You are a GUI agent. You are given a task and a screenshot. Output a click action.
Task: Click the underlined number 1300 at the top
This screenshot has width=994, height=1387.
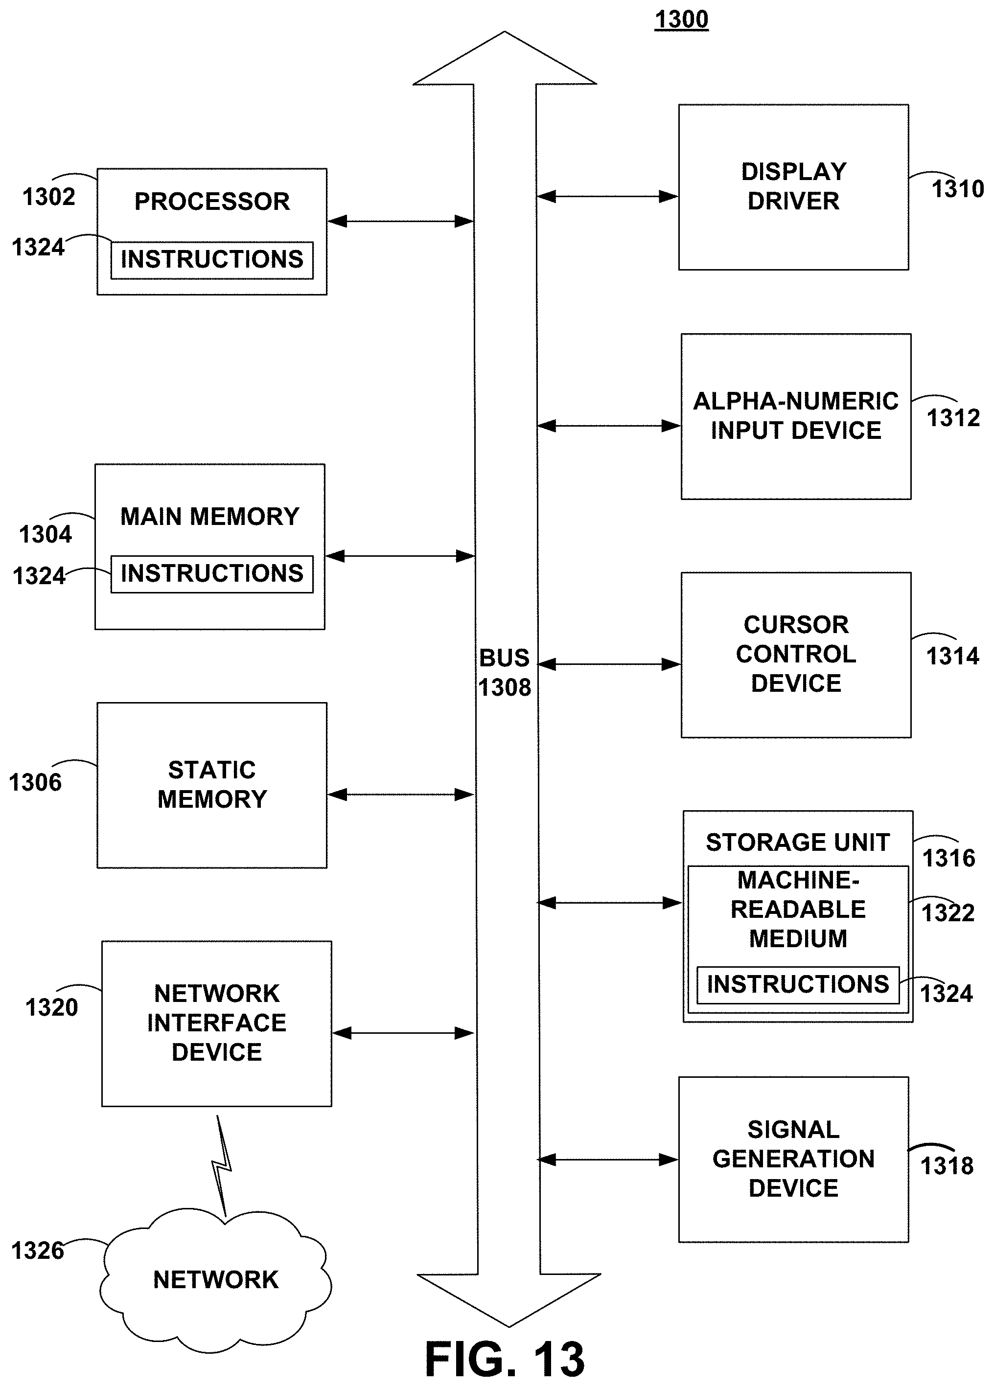pyautogui.click(x=681, y=20)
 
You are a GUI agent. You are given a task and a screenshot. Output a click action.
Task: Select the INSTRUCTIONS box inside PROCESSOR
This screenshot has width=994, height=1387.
pyautogui.click(x=211, y=260)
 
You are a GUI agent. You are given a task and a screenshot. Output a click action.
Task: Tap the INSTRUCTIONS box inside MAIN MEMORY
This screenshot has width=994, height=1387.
pyautogui.click(x=211, y=573)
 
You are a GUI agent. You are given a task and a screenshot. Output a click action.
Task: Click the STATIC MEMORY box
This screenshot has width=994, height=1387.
pyautogui.click(x=211, y=785)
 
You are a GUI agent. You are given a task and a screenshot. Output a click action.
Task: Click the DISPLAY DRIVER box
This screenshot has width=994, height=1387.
pyautogui.click(x=793, y=186)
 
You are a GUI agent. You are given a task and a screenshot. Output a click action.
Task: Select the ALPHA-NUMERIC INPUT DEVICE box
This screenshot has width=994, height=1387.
pyautogui.click(x=796, y=416)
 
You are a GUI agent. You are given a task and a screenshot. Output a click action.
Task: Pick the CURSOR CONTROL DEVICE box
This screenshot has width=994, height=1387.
pyautogui.click(x=796, y=655)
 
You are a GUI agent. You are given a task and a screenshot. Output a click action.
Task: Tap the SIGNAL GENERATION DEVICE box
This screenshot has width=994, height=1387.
pyautogui.click(x=793, y=1159)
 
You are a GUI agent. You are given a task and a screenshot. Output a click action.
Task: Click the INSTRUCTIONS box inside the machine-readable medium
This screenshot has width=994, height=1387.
pyautogui.click(x=798, y=984)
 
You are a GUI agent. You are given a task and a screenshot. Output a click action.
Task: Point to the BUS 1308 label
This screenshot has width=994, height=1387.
pyautogui.click(x=505, y=673)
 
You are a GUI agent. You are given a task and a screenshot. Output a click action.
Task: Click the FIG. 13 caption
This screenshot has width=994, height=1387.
pyautogui.click(x=505, y=1359)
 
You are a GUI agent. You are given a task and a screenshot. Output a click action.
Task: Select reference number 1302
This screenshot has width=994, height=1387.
pyautogui.click(x=49, y=197)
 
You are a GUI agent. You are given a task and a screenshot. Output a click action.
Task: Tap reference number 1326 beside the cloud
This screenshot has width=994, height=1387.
pyautogui.click(x=38, y=1251)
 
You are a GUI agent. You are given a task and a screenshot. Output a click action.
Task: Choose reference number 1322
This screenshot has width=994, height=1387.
pyautogui.click(x=948, y=913)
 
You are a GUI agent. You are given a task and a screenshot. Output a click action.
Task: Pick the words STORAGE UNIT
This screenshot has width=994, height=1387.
pyautogui.click(x=798, y=842)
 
